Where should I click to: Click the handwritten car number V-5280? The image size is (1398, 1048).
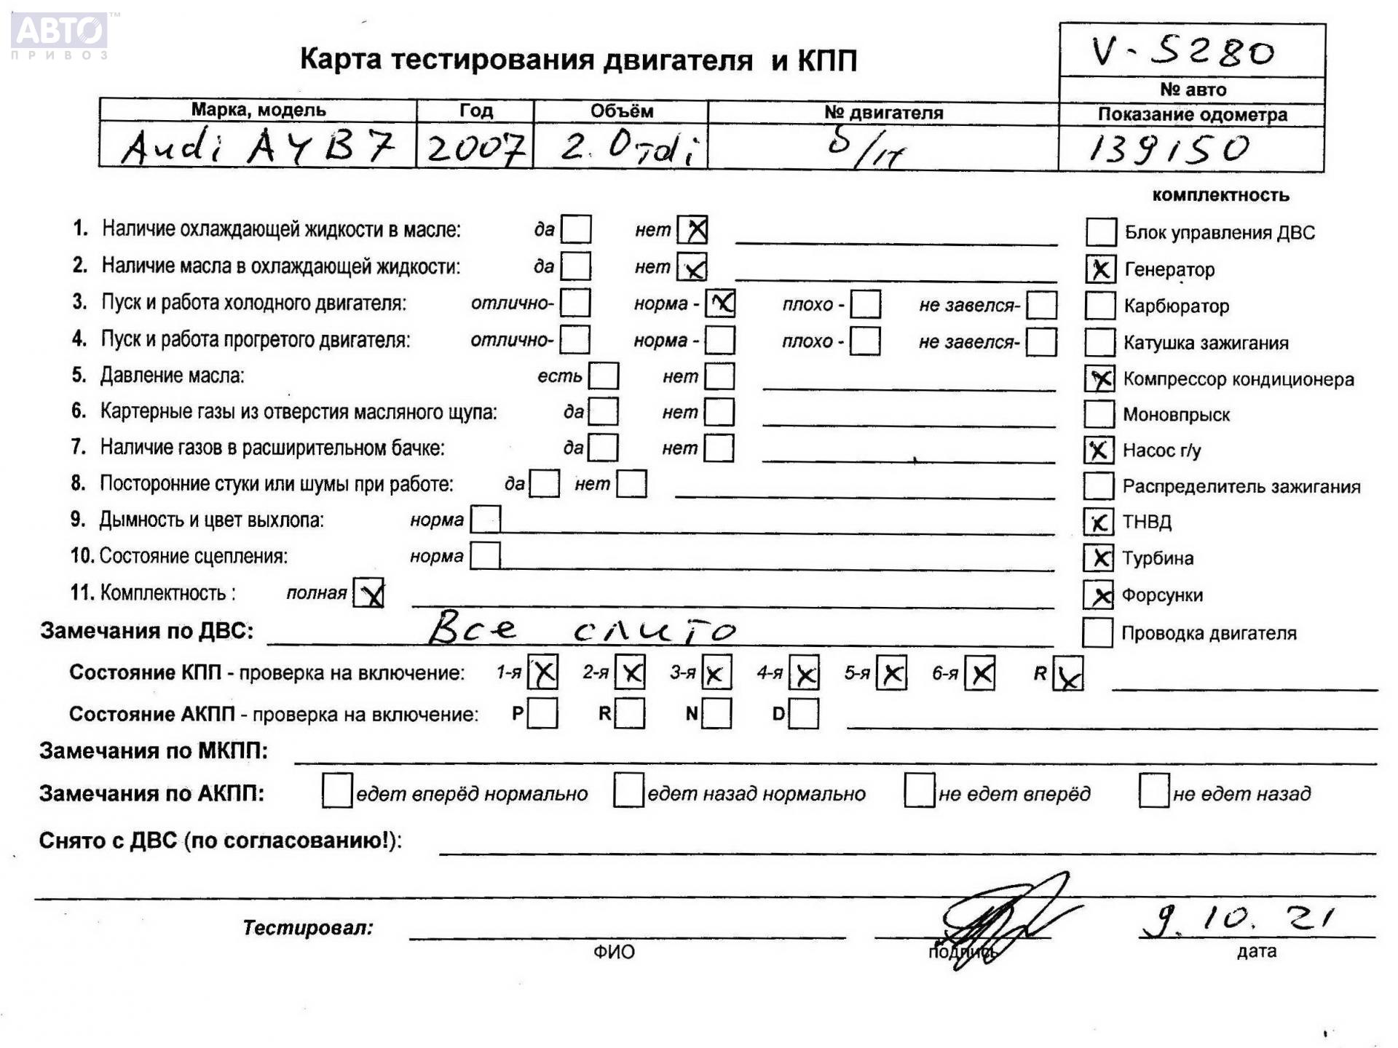click(1183, 52)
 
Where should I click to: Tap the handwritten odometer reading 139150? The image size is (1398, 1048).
click(1169, 148)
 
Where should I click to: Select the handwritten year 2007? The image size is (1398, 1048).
click(475, 148)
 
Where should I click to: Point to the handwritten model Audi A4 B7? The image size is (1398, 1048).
click(258, 147)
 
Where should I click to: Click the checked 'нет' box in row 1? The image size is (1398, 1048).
click(692, 230)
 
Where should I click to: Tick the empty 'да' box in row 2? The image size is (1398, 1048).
click(576, 266)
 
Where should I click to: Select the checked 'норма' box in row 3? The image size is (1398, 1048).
click(721, 303)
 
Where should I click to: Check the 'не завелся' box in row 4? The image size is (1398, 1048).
click(1041, 341)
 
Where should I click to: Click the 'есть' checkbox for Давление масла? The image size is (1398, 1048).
click(604, 376)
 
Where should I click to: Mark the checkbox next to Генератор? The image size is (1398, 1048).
click(1100, 269)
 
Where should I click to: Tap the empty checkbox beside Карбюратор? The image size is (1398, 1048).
click(1099, 306)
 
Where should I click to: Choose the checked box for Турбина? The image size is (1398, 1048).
click(1098, 558)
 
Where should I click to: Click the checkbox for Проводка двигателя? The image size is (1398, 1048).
click(1097, 632)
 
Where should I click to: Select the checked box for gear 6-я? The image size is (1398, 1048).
click(980, 673)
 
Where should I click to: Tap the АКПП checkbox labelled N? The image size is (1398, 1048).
click(716, 714)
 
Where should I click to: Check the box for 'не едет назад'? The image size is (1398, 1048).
click(1154, 792)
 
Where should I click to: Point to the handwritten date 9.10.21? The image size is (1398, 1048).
click(1238, 920)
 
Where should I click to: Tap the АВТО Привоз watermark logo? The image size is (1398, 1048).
click(60, 34)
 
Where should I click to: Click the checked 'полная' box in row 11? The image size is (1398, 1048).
click(368, 593)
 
